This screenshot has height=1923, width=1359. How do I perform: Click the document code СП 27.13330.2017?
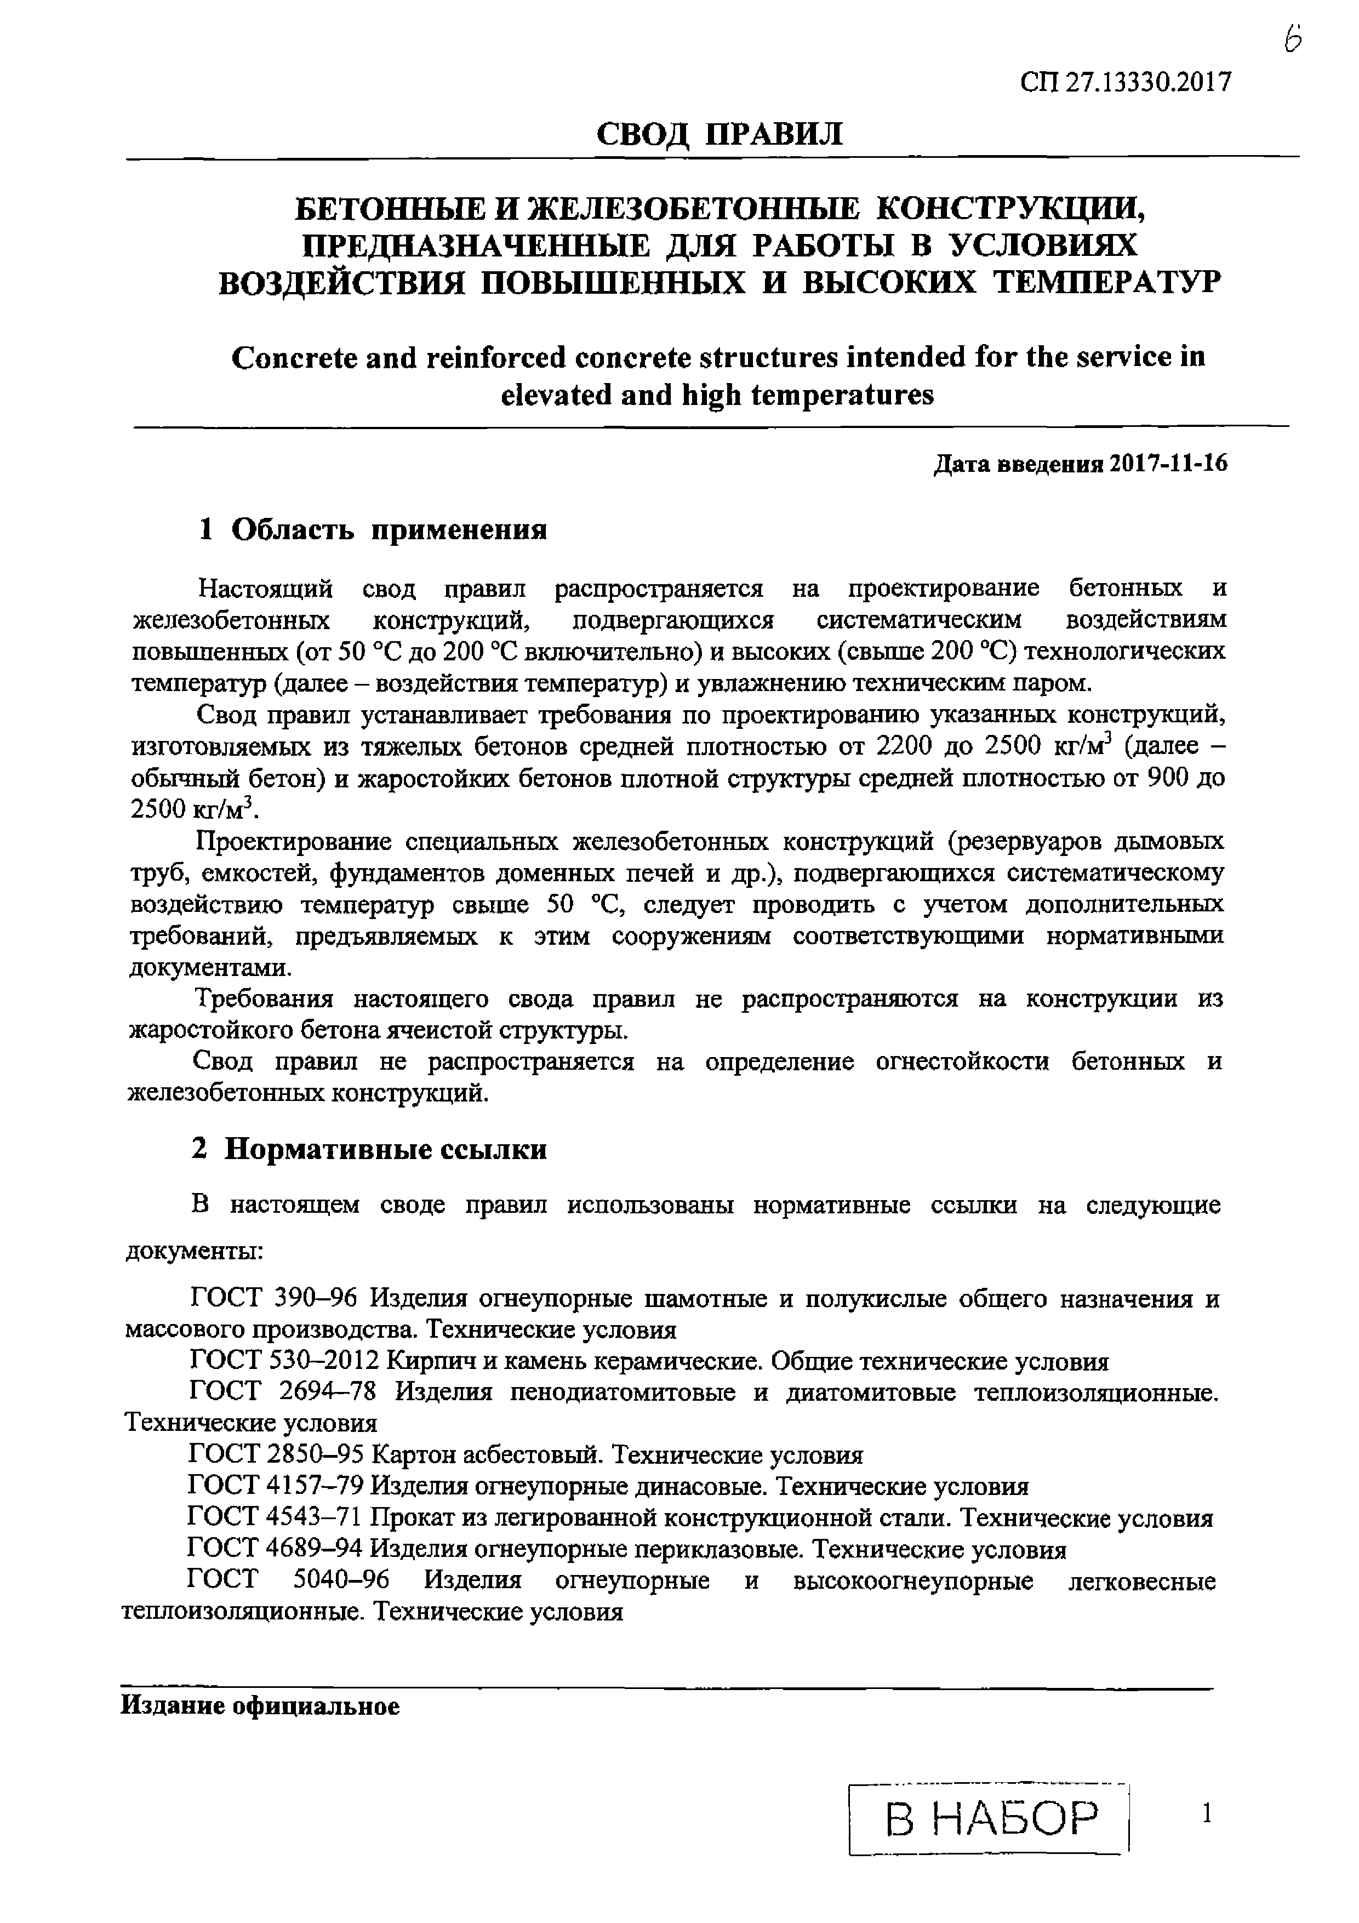pyautogui.click(x=1126, y=83)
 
